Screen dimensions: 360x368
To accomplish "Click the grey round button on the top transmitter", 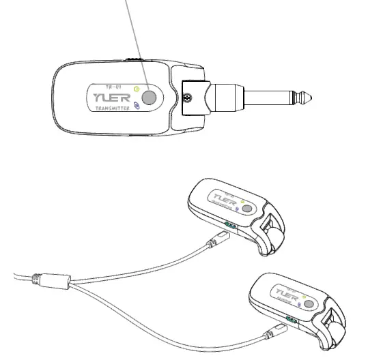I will (x=150, y=97).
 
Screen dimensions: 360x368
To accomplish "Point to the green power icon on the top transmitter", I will (x=138, y=89).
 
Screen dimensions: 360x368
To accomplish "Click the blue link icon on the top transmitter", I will (x=137, y=106).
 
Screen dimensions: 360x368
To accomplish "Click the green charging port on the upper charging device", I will (x=231, y=224).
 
